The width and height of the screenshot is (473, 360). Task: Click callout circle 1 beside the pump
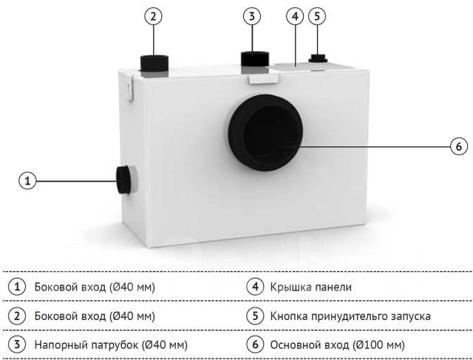27,181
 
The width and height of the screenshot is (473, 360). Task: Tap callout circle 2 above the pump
153,16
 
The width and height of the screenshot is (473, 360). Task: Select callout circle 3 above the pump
252,16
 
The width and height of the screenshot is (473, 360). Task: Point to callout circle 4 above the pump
295,16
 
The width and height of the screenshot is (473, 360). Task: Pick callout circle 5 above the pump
317,16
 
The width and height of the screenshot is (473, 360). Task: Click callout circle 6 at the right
459,146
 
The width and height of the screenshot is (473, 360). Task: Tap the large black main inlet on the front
265,133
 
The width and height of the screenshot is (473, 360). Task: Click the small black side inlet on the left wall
124,180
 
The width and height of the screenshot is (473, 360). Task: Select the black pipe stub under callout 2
154,63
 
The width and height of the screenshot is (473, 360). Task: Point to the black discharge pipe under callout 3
255,59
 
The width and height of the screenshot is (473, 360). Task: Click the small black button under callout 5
318,58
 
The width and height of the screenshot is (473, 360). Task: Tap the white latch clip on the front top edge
263,79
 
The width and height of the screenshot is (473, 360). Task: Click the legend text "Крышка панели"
310,287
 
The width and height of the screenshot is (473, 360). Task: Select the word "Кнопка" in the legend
289,316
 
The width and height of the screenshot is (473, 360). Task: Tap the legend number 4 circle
255,286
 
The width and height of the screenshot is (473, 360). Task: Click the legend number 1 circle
17,286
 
